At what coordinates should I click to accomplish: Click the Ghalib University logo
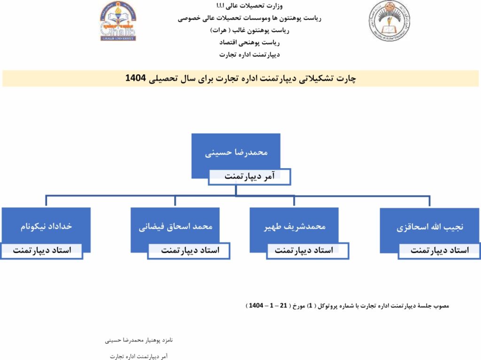coord(117,21)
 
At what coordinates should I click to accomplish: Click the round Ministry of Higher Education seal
coord(389,21)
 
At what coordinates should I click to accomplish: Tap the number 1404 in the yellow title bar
coord(136,78)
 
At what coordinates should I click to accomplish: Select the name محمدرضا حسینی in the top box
coord(236,153)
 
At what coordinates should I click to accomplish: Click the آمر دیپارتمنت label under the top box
coord(250,177)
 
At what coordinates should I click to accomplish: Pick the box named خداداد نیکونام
coord(46,226)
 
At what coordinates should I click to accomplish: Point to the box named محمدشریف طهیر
coord(295,226)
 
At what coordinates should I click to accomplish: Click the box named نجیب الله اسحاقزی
coord(430,227)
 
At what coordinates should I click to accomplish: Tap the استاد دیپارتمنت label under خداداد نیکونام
coord(42,250)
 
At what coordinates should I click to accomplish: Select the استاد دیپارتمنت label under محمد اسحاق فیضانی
coord(190,250)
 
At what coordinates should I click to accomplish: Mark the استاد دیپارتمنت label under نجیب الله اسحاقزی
coord(439,250)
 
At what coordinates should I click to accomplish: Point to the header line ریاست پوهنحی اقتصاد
coord(249,42)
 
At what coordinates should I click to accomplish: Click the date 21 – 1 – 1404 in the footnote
coord(266,306)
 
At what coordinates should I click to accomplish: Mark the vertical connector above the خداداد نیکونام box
coord(46,201)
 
